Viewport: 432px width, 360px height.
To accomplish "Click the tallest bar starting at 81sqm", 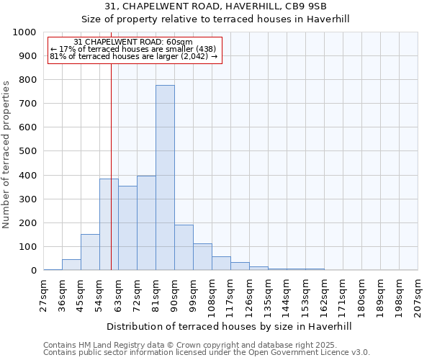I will pyautogui.click(x=165, y=178).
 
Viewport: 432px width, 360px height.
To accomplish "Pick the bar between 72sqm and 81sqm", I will pyautogui.click(x=146, y=223).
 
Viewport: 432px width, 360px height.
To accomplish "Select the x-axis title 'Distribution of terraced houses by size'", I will pyautogui.click(x=230, y=326).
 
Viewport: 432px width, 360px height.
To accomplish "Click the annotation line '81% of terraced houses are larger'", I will pyautogui.click(x=133, y=56).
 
